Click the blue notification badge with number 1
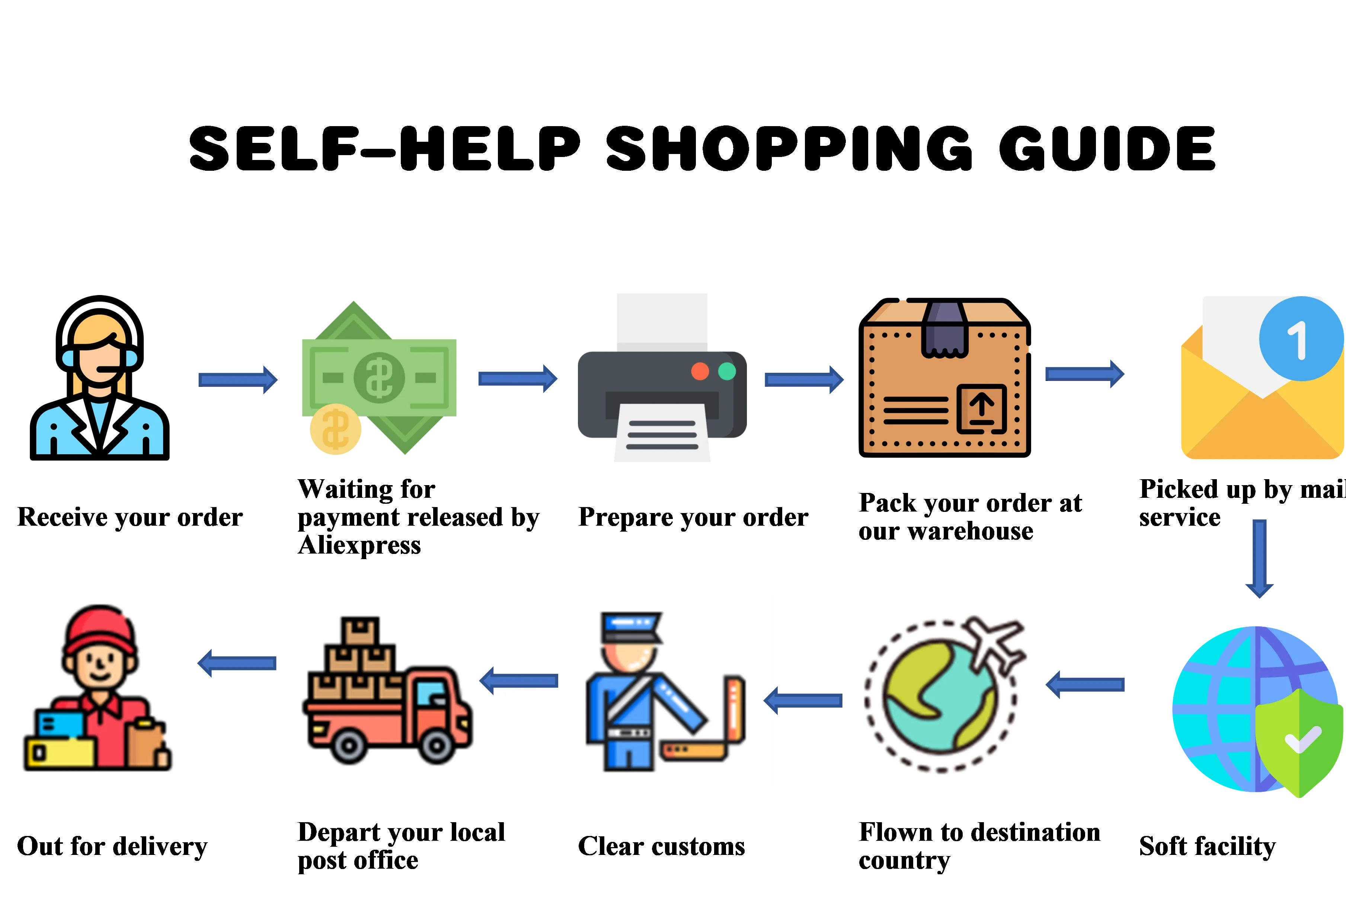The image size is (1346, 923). point(1301,339)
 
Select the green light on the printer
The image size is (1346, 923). point(727,371)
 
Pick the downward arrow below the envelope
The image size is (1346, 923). point(1259,559)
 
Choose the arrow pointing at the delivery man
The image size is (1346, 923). point(237,663)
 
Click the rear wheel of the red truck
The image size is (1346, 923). point(348,745)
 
